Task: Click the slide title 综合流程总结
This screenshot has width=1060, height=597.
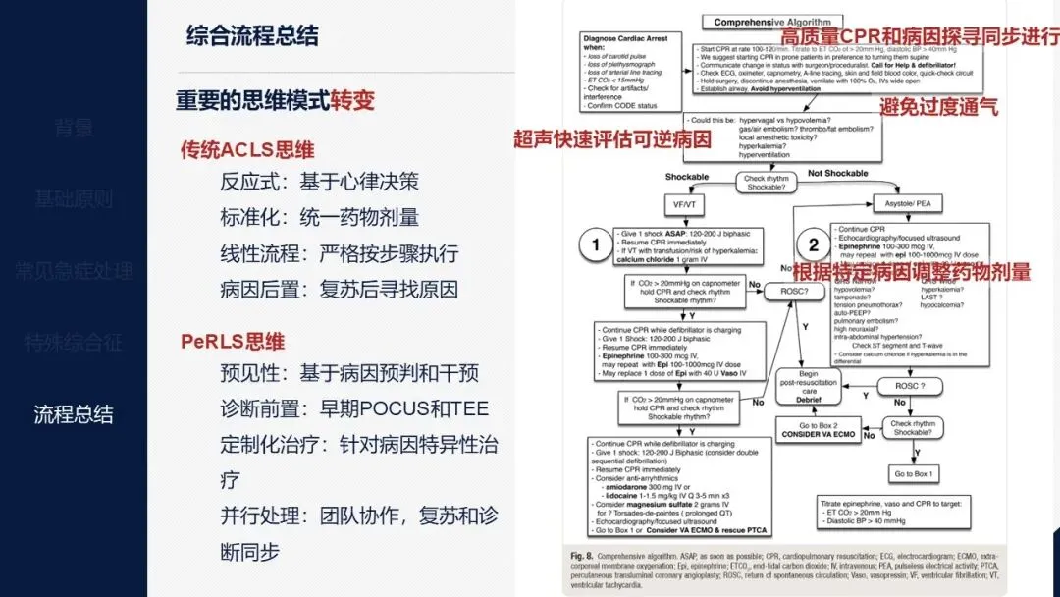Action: pyautogui.click(x=252, y=37)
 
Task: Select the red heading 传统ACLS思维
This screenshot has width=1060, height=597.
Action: pyautogui.click(x=247, y=149)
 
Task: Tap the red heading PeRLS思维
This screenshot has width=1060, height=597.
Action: pyautogui.click(x=233, y=341)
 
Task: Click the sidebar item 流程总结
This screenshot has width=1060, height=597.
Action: pyautogui.click(x=74, y=413)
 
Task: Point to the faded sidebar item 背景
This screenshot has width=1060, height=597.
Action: pyautogui.click(x=74, y=128)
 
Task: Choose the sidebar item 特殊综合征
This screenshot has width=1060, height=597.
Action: pyautogui.click(x=74, y=343)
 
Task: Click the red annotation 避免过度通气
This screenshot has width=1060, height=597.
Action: pyautogui.click(x=939, y=107)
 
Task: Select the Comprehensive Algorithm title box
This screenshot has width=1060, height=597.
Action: pyautogui.click(x=772, y=22)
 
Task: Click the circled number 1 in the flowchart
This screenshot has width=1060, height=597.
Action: pyautogui.click(x=595, y=245)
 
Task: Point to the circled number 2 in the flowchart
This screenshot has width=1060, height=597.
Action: pyautogui.click(x=814, y=245)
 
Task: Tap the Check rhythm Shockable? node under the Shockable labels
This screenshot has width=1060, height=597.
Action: pyautogui.click(x=766, y=183)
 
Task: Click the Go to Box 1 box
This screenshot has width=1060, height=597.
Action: pyautogui.click(x=915, y=474)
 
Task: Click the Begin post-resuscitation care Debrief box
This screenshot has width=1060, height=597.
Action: pyautogui.click(x=807, y=387)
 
